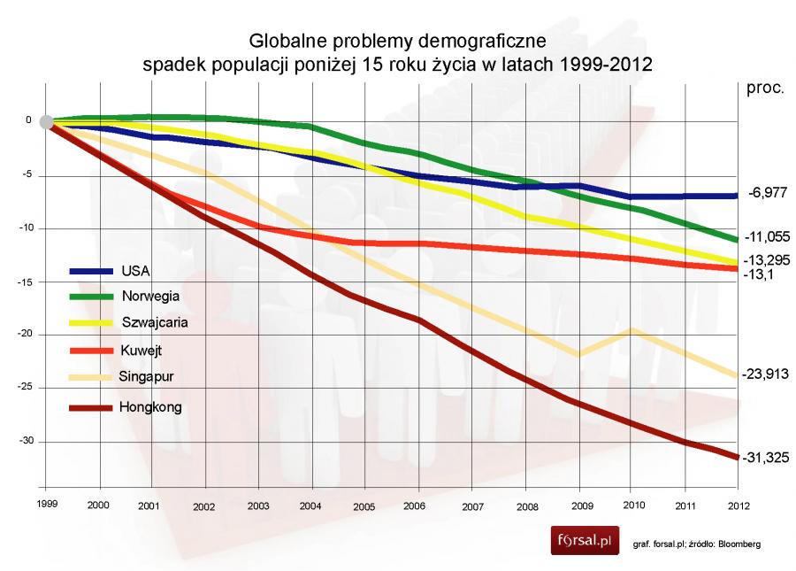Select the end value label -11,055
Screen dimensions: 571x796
[765, 237]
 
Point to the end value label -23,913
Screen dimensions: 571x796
[765, 374]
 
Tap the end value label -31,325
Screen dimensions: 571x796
[765, 457]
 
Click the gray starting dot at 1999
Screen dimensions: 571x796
[47, 122]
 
